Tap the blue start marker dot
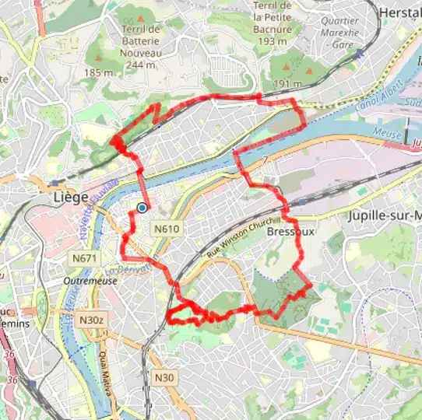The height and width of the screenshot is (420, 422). (142, 208)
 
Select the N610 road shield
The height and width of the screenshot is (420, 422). (167, 229)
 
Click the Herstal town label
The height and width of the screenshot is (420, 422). (399, 12)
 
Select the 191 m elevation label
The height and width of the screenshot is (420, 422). (287, 82)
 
